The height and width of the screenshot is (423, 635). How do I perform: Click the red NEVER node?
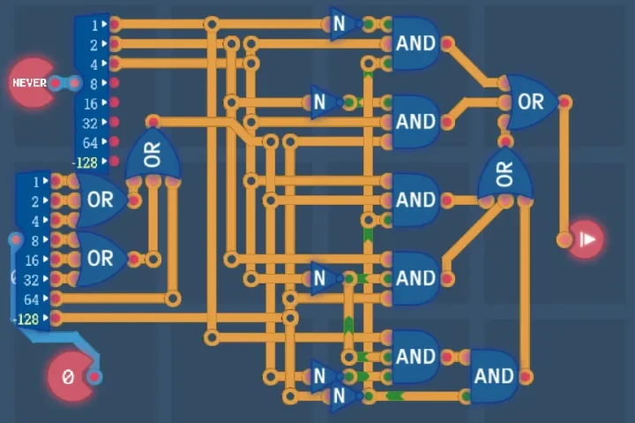(32, 83)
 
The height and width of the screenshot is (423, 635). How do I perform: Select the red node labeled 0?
(69, 377)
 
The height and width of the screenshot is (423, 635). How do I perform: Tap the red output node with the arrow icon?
(586, 239)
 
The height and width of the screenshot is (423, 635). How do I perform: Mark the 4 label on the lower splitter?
(35, 221)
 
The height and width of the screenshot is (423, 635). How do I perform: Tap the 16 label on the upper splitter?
(91, 102)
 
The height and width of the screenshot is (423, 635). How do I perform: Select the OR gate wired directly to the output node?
(530, 102)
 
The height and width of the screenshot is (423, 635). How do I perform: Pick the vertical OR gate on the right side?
(504, 174)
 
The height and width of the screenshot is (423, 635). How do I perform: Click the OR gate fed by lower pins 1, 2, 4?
(100, 200)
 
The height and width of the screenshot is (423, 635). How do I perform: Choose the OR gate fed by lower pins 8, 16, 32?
(100, 259)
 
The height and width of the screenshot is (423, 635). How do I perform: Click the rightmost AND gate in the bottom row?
(493, 376)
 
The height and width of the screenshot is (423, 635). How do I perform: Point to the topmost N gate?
(341, 24)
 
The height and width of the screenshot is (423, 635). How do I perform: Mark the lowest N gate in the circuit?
(341, 397)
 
